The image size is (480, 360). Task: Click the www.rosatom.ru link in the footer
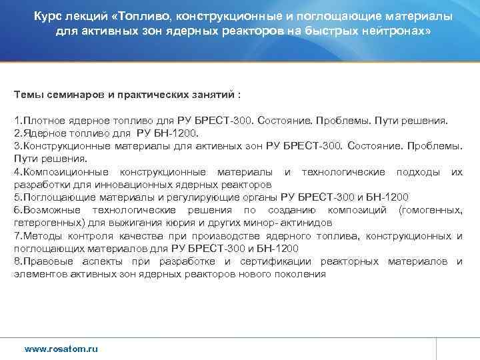(x=61, y=349)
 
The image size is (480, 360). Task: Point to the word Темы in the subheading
(x=29, y=95)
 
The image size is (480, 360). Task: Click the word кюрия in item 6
(x=180, y=223)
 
